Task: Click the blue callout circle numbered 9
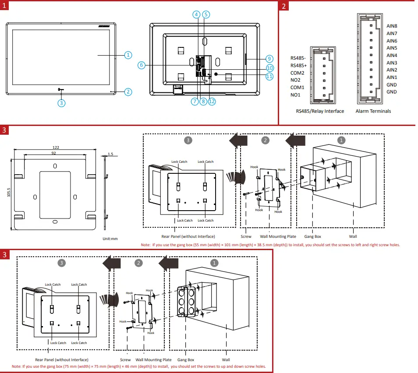click(269, 59)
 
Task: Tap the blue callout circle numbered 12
click(212, 101)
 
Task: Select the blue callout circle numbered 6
click(141, 65)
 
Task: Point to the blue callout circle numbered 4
click(197, 14)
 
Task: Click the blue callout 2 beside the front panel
click(128, 92)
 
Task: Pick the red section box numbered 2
click(284, 6)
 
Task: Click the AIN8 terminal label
click(392, 26)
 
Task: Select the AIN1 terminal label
click(392, 77)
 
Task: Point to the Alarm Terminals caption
click(373, 111)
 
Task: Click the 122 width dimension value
click(56, 147)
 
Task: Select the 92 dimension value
click(54, 153)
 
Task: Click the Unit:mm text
click(110, 239)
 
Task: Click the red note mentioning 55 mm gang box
click(270, 245)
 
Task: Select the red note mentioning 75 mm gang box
click(138, 366)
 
